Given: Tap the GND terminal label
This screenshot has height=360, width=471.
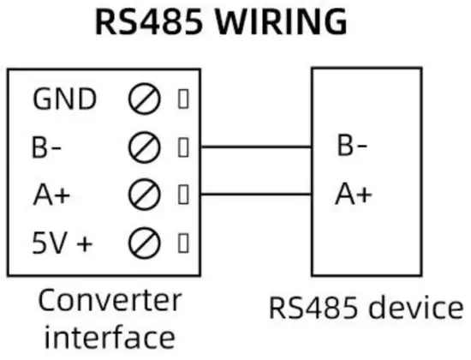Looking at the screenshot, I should pyautogui.click(x=64, y=99).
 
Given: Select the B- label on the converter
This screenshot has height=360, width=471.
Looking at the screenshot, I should pyautogui.click(x=48, y=147).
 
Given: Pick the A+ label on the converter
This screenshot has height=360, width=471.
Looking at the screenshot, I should pyautogui.click(x=51, y=195).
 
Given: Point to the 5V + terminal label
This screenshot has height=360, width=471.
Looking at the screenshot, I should pyautogui.click(x=62, y=244).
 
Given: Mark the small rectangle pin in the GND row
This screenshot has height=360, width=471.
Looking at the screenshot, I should pyautogui.click(x=182, y=99).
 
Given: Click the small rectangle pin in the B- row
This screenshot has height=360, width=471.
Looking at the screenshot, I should pyautogui.click(x=182, y=147).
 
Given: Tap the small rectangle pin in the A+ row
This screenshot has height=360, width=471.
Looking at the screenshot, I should pyautogui.click(x=182, y=195).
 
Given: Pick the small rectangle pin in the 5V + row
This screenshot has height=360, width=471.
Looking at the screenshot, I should pyautogui.click(x=182, y=244).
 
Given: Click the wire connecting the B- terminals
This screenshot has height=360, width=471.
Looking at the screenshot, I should pyautogui.click(x=257, y=147).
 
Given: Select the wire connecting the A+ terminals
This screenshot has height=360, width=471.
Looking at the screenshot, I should pyautogui.click(x=257, y=194).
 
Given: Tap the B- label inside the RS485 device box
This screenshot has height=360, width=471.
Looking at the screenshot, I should pyautogui.click(x=352, y=147).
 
